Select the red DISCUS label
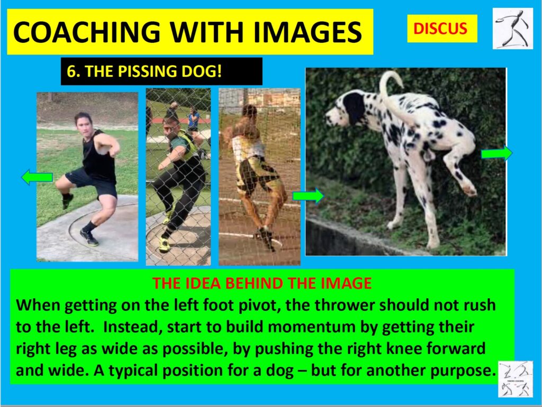point(440,29)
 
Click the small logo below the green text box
point(515,378)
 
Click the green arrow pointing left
point(37,177)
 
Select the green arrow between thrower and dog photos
point(308,196)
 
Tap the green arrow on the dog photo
point(496,153)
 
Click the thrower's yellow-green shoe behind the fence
point(165,244)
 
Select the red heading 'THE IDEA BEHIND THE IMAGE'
point(262,283)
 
